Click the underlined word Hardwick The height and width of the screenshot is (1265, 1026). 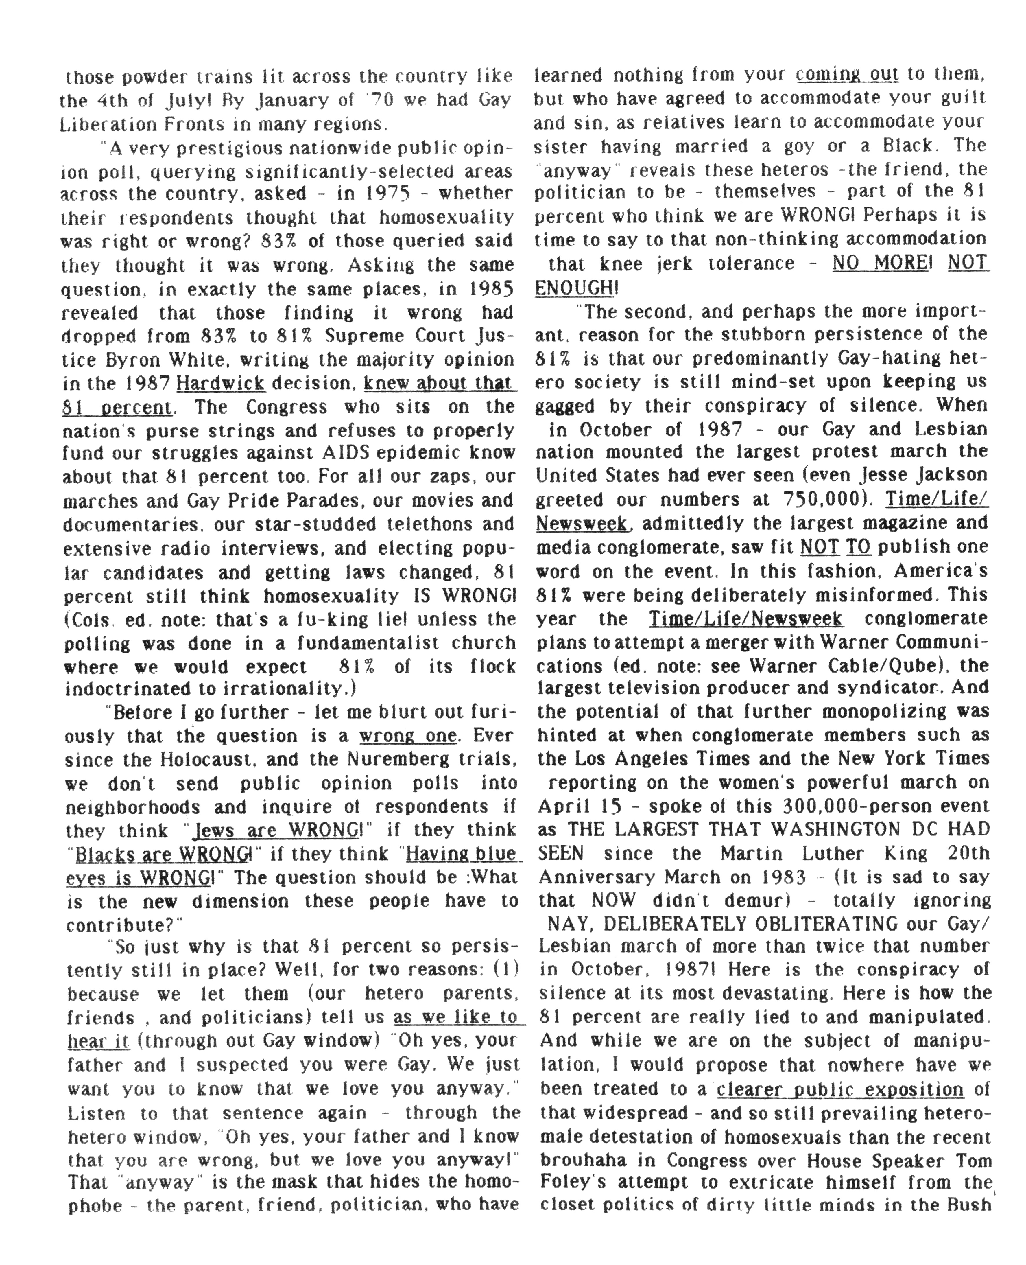point(220,384)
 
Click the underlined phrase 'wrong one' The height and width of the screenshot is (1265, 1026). point(408,736)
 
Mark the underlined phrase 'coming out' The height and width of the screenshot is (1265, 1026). point(847,75)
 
